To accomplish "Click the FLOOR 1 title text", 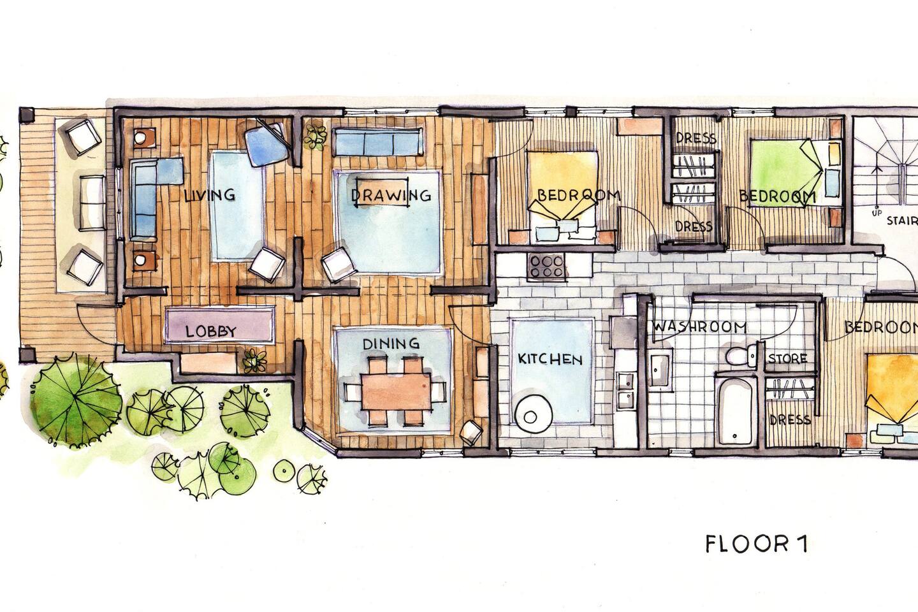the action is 757,544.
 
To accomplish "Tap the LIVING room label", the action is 210,194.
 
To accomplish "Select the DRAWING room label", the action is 391,195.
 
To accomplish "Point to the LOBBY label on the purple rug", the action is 211,331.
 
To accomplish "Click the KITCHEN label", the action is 550,359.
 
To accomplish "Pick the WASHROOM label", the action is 699,326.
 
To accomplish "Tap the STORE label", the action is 787,359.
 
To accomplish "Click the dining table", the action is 397,391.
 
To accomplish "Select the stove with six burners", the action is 547,266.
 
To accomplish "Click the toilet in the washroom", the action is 741,355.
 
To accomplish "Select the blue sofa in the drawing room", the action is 377,142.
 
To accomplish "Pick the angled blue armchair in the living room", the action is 268,143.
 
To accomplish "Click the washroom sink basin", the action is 659,369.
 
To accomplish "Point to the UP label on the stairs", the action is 876,214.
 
